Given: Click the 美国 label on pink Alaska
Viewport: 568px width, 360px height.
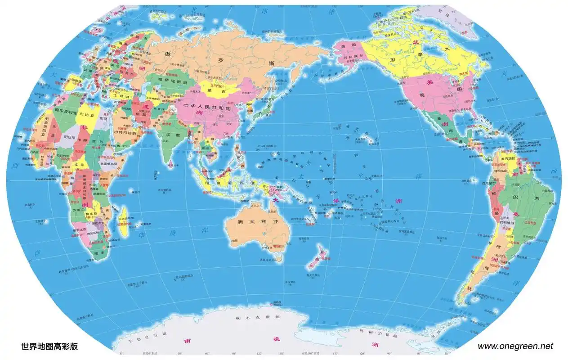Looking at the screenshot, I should (348, 46).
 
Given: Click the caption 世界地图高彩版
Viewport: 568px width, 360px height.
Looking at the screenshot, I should (49, 346).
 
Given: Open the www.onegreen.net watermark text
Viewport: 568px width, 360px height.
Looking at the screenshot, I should (515, 346).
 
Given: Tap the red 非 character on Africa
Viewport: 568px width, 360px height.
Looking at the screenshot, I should (83, 128).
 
